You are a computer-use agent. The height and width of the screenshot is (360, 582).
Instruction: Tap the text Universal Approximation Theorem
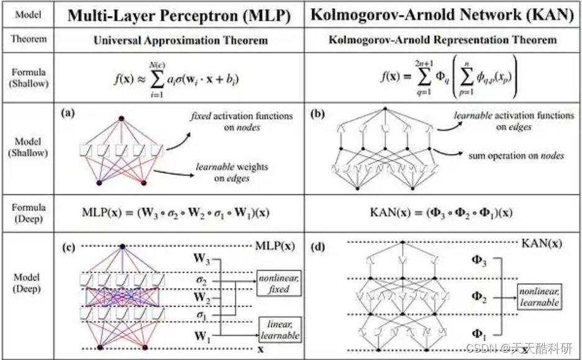180,41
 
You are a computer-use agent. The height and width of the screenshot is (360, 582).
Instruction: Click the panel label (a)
68,114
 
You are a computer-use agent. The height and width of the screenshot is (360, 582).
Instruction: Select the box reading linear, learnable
280,329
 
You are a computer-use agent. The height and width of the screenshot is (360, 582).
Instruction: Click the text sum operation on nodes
517,156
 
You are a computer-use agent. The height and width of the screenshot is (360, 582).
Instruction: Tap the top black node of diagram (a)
122,118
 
